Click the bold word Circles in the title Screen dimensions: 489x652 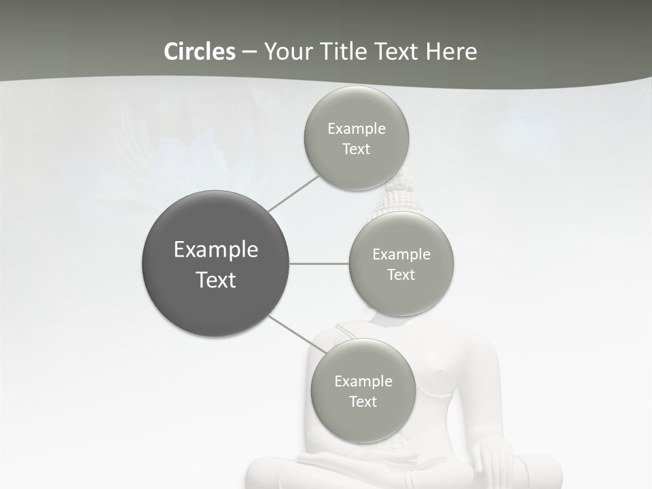coord(199,52)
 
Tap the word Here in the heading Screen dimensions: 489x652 coord(451,52)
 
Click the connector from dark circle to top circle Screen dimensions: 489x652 coord(293,193)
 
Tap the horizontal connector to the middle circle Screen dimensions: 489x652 coord(319,264)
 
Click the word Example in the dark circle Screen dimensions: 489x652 coord(216,250)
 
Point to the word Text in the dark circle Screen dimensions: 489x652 coord(216,280)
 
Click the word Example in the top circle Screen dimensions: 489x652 coord(357,128)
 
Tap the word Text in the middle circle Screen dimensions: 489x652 coord(401,274)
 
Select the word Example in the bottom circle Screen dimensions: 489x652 coord(363,381)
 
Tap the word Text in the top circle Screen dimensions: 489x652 coord(356,149)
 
